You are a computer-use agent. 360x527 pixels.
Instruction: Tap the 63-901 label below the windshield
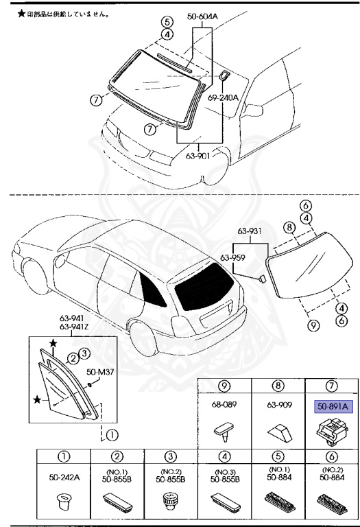198,154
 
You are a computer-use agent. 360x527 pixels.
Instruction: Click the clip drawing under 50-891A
330,431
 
